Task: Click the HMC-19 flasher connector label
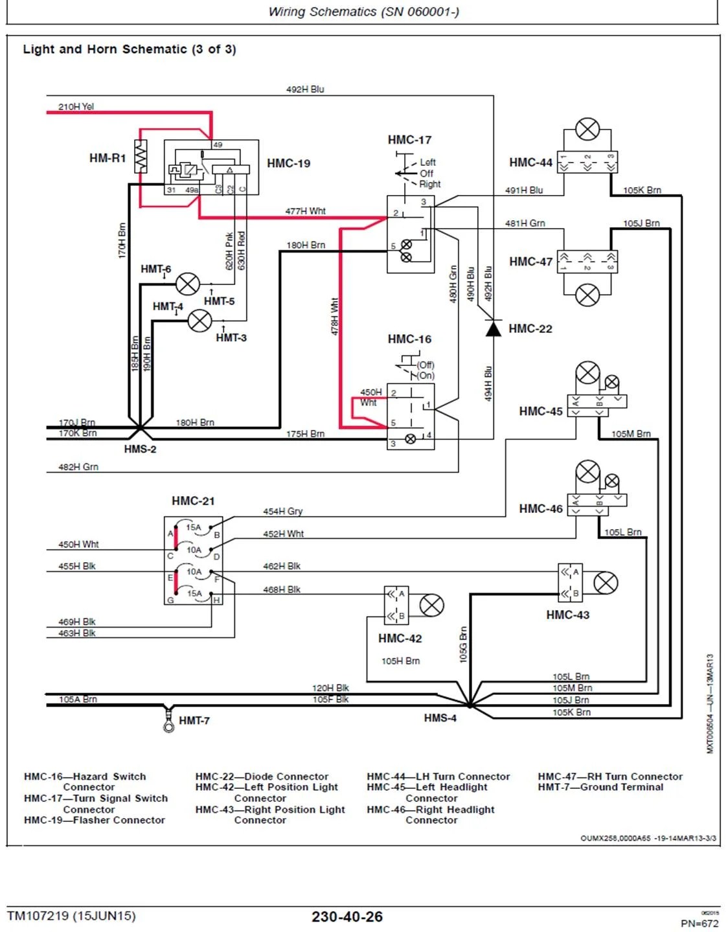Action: tap(288, 163)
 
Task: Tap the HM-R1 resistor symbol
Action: tap(141, 157)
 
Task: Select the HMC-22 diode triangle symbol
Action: tap(494, 328)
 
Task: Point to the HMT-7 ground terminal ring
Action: tap(168, 727)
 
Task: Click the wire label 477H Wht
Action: tap(305, 211)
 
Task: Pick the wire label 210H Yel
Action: tap(76, 106)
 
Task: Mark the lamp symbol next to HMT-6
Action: tap(188, 284)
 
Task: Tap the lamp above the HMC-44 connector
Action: tap(587, 129)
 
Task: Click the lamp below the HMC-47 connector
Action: tap(587, 295)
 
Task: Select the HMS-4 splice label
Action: tap(440, 718)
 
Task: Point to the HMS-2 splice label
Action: tap(140, 449)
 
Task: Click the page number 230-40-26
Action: tap(347, 916)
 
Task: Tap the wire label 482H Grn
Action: tap(78, 466)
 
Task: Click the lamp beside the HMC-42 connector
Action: tap(431, 606)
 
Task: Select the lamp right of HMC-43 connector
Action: tap(606, 582)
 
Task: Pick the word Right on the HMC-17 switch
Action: tap(429, 184)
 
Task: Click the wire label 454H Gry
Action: tap(282, 511)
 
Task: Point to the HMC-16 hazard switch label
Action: tap(409, 339)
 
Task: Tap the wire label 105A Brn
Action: tap(78, 699)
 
